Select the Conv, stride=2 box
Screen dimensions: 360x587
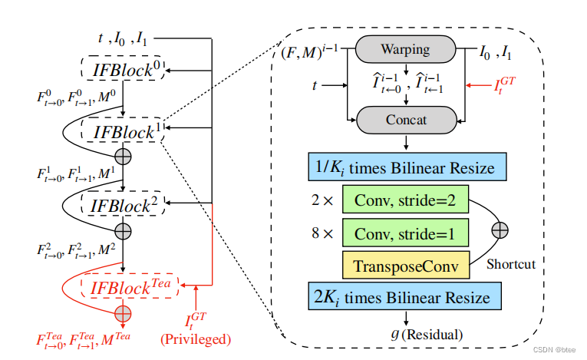(405, 200)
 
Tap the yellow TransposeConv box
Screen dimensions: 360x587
(405, 266)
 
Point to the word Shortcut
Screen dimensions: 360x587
(510, 265)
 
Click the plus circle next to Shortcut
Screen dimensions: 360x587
(500, 230)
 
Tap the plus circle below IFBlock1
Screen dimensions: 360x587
(123, 156)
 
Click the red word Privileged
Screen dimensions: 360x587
(195, 339)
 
